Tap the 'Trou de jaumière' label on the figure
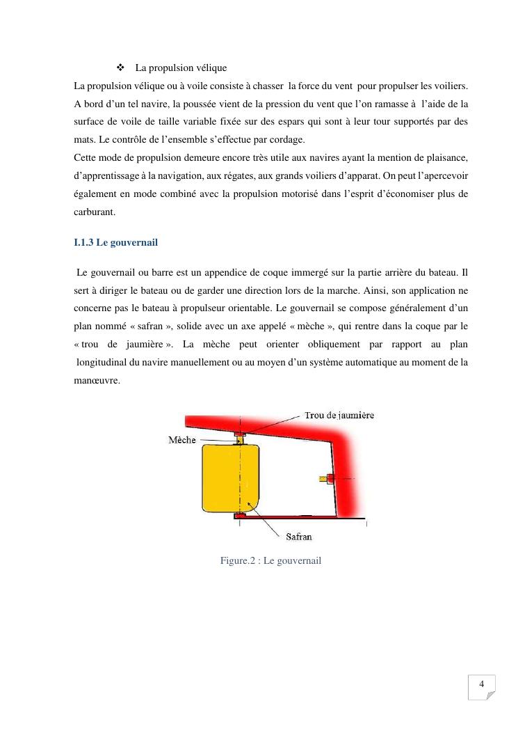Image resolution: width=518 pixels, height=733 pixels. (339, 416)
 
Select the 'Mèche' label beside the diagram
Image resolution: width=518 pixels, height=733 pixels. (182, 440)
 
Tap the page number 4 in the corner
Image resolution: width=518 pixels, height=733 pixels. (481, 684)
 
